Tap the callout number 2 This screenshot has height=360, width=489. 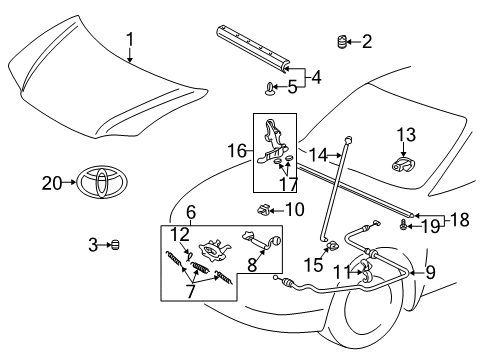pyautogui.click(x=366, y=41)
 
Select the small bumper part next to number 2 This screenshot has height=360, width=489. pyautogui.click(x=341, y=41)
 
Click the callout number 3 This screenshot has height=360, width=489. pyautogui.click(x=91, y=244)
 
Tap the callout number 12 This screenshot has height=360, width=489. pyautogui.click(x=178, y=233)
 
